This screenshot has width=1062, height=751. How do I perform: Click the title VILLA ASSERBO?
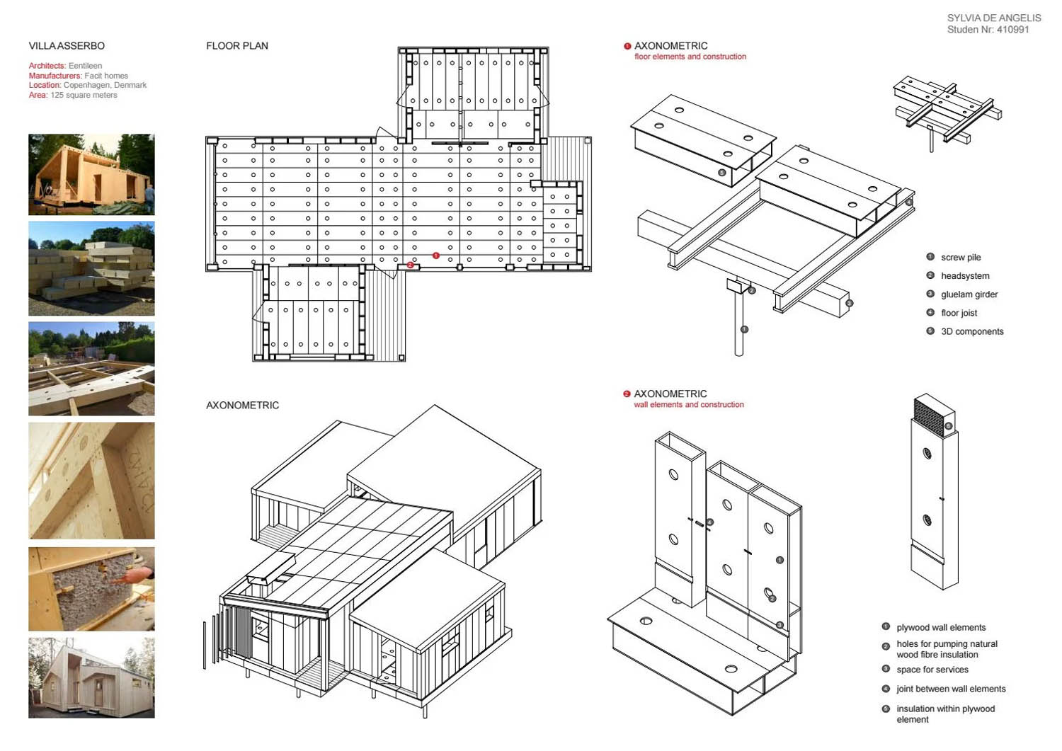(x=67, y=46)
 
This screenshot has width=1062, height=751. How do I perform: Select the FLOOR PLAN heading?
(x=237, y=46)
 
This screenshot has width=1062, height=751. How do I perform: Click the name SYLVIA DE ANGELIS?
(x=994, y=18)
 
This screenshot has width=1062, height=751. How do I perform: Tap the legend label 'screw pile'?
(x=961, y=258)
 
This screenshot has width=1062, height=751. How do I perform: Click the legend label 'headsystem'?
(x=965, y=276)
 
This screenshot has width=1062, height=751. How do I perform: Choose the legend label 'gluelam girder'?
(x=969, y=294)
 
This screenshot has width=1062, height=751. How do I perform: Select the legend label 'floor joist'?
(x=959, y=313)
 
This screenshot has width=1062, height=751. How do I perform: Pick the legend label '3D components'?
(x=972, y=331)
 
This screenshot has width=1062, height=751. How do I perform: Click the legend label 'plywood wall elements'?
(x=941, y=628)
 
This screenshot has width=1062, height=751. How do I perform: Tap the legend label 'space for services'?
(x=932, y=670)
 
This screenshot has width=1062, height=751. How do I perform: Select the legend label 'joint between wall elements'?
(x=951, y=689)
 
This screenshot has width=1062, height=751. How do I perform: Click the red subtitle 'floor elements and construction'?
(x=690, y=57)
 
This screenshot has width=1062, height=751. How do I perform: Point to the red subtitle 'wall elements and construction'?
(x=689, y=405)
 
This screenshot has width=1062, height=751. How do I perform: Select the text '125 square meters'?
(x=84, y=95)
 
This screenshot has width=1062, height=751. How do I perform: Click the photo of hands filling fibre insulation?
(x=91, y=589)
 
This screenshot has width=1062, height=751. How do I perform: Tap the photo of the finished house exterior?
(x=91, y=677)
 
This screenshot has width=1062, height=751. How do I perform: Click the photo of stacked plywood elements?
(x=91, y=268)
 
